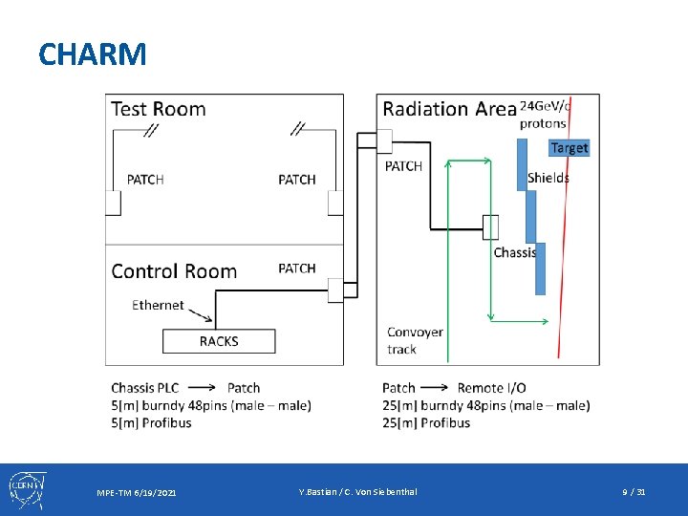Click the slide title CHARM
[x=93, y=54]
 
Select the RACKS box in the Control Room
[x=219, y=341]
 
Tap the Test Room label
[x=159, y=108]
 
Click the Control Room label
[x=174, y=271]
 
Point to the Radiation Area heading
[x=449, y=109]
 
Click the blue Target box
[x=570, y=147]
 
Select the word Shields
[x=548, y=178]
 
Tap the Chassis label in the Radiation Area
[x=515, y=252]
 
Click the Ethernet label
[x=158, y=305]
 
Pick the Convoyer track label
[x=415, y=340]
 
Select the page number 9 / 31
[x=634, y=491]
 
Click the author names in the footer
[x=357, y=491]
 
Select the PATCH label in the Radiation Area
[x=403, y=166]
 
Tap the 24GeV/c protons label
[x=545, y=114]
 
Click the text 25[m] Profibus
[x=426, y=422]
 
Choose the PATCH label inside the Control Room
[x=297, y=269]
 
